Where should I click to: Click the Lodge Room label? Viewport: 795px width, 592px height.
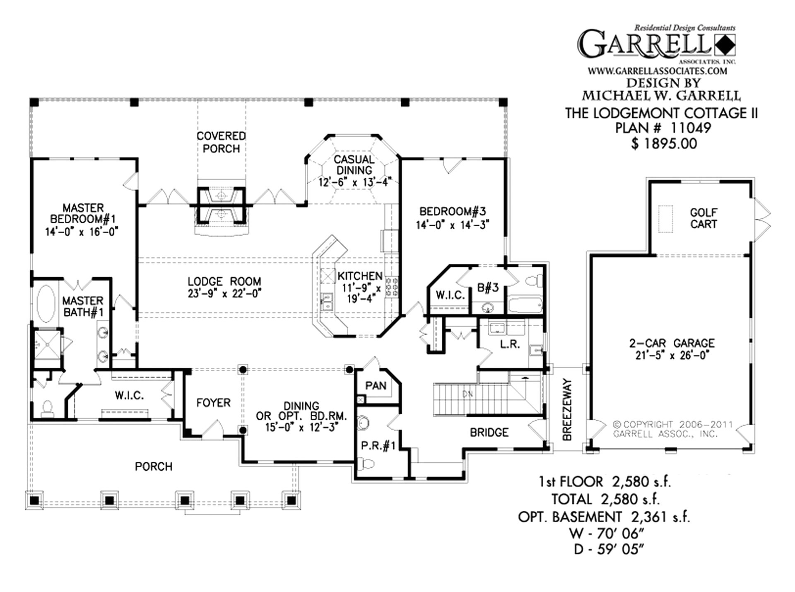tap(224, 281)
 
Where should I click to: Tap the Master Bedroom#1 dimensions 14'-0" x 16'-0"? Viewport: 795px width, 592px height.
tap(82, 232)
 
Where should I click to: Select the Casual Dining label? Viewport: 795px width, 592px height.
tap(354, 165)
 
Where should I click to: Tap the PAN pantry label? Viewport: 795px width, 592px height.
tap(376, 386)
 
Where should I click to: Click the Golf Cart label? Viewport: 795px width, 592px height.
tap(703, 218)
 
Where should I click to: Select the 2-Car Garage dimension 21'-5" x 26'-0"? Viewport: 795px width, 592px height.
tap(672, 355)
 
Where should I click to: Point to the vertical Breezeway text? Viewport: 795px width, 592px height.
tap(567, 409)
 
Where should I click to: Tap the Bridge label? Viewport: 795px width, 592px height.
tap(489, 433)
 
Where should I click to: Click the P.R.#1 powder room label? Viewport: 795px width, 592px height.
tap(378, 446)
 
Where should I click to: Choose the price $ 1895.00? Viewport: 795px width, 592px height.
tap(664, 144)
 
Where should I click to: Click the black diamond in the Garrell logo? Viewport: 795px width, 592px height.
tap(725, 45)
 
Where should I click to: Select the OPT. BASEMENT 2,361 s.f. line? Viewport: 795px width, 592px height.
tap(603, 517)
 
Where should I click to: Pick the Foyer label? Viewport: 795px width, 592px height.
tap(213, 403)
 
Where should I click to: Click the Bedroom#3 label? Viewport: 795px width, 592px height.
tap(452, 212)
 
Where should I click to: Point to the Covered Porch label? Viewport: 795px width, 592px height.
tap(221, 142)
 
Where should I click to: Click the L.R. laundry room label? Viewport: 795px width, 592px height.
tap(510, 344)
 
